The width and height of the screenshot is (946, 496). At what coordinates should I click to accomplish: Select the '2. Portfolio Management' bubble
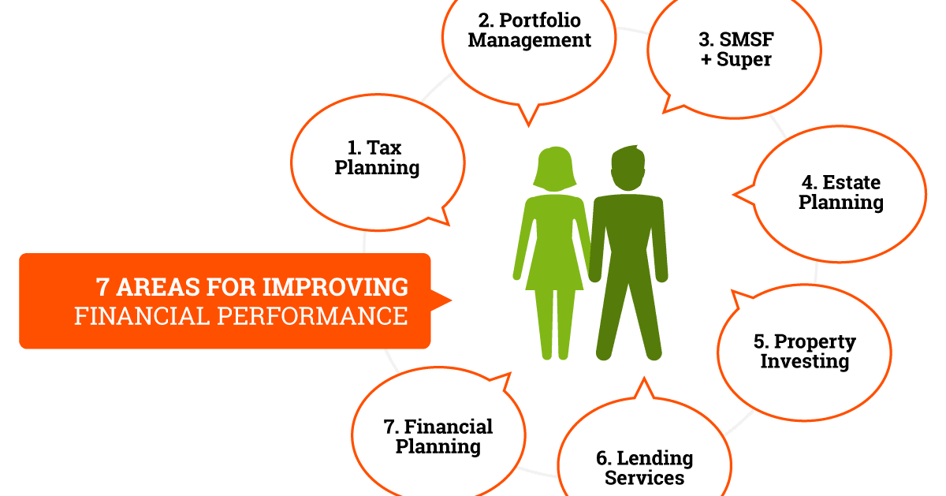click(x=529, y=39)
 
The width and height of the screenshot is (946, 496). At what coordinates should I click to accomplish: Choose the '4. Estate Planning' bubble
click(x=840, y=193)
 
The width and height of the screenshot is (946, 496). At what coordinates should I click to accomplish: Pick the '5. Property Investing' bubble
click(x=804, y=351)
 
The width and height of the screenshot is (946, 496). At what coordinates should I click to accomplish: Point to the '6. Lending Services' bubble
click(x=645, y=457)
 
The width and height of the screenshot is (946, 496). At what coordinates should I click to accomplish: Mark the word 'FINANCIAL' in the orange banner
click(x=131, y=316)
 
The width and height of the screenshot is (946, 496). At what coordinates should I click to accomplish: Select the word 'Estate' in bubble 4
click(x=851, y=183)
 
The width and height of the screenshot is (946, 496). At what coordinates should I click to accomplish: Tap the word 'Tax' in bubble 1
click(x=386, y=148)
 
